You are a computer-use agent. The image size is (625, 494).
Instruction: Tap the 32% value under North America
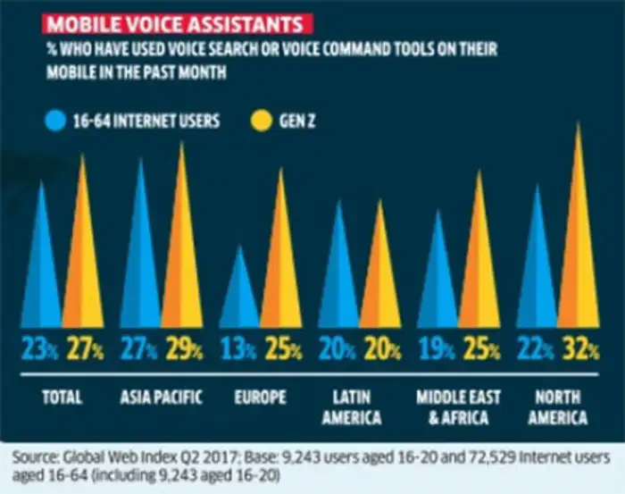click(579, 352)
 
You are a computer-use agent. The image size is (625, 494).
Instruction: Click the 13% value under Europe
click(240, 352)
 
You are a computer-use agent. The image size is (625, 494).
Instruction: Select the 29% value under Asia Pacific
click(182, 352)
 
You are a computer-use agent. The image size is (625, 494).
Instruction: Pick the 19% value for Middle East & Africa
click(437, 352)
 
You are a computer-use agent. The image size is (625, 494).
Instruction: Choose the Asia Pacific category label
click(162, 397)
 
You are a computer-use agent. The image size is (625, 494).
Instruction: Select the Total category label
click(62, 397)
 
